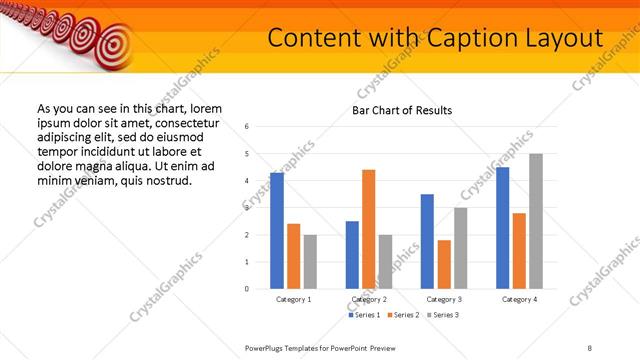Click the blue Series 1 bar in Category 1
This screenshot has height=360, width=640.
[277, 231]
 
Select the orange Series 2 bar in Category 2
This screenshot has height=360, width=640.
[368, 229]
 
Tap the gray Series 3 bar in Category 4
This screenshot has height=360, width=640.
[536, 221]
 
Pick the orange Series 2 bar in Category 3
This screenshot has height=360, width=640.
[444, 264]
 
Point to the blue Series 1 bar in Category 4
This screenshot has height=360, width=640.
[503, 228]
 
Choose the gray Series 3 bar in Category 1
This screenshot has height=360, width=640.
[310, 262]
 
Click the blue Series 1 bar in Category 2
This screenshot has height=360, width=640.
[352, 255]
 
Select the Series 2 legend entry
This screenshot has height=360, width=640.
[404, 315]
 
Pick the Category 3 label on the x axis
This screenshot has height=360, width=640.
[443, 299]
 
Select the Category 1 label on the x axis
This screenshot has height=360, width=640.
[293, 299]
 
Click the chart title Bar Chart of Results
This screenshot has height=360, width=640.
[402, 110]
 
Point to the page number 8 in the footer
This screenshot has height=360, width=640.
[590, 346]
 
